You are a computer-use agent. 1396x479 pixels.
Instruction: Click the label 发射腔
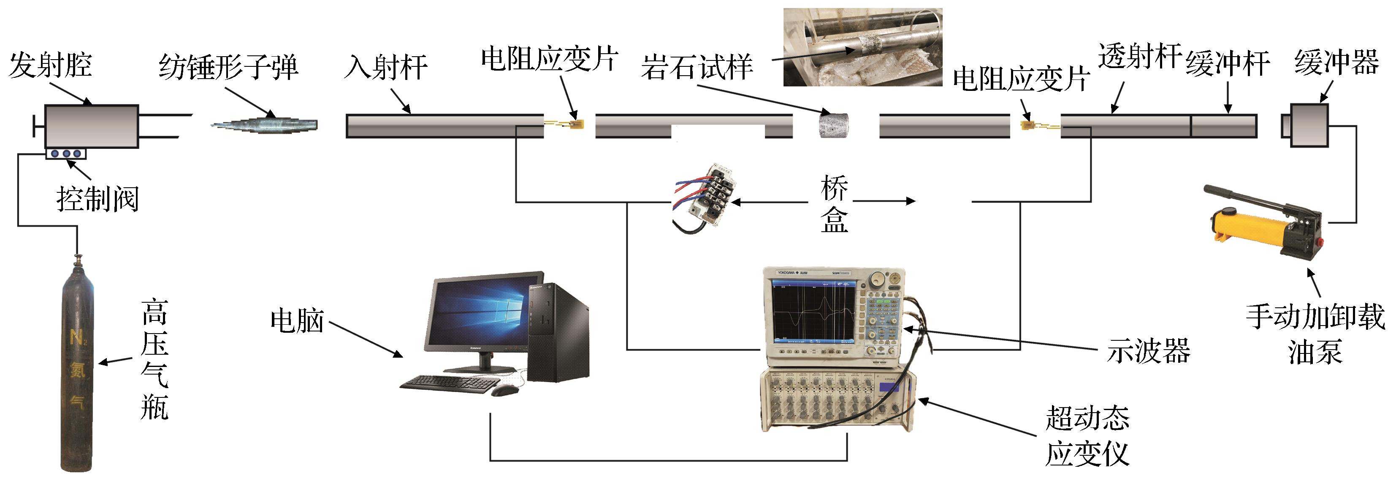pos(50,66)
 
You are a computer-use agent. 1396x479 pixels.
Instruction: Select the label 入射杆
pos(386,67)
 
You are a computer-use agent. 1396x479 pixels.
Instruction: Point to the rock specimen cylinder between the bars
pos(833,125)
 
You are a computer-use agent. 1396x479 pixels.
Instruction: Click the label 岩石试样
pos(697,67)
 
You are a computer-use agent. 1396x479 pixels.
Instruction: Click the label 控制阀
pos(98,199)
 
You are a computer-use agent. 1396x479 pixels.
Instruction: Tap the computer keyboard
pos(450,383)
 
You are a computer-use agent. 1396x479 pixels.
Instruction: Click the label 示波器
pos(1148,350)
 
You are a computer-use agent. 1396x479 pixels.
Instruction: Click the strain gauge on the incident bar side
pos(578,125)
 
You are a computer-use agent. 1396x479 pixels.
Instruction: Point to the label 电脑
pos(297,320)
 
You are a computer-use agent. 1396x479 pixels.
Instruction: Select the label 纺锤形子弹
pos(228,67)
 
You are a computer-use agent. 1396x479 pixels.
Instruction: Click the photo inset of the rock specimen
pos(863,47)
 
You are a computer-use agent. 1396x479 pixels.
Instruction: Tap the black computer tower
pos(558,332)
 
